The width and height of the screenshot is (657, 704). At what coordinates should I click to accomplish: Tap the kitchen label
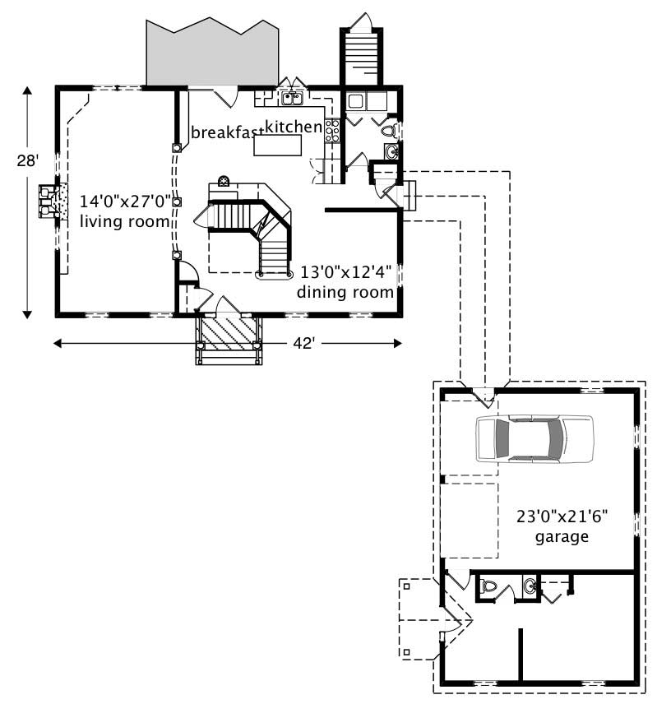pos(293,127)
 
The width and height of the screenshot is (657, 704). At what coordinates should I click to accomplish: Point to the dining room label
pos(345,291)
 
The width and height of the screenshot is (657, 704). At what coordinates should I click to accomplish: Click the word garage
pos(561,538)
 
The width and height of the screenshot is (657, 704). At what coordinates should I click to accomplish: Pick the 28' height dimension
pos(27,161)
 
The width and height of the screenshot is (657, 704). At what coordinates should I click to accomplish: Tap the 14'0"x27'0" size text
pos(125,201)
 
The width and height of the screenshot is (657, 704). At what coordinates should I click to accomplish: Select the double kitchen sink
pos(292,99)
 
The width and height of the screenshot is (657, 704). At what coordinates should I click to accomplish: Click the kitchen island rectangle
pos(277,146)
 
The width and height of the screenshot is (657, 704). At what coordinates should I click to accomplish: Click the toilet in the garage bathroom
pos(489,587)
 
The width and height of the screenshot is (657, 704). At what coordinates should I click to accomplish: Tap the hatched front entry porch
pos(226,334)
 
